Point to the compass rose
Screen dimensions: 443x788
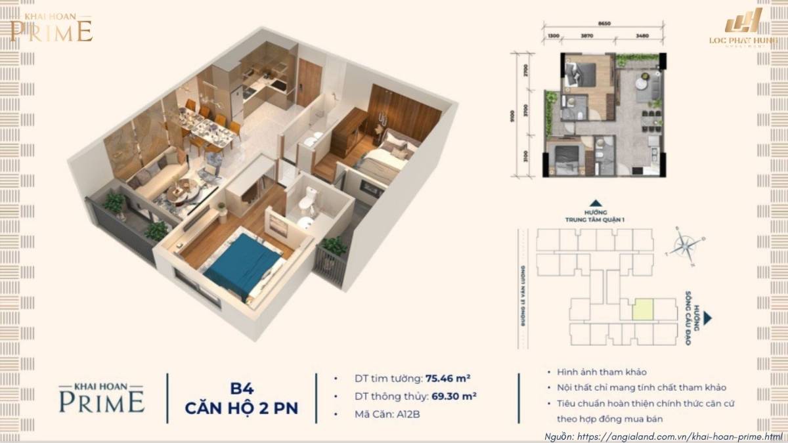tap(685, 246)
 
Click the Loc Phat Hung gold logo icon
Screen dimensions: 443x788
tap(742, 24)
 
